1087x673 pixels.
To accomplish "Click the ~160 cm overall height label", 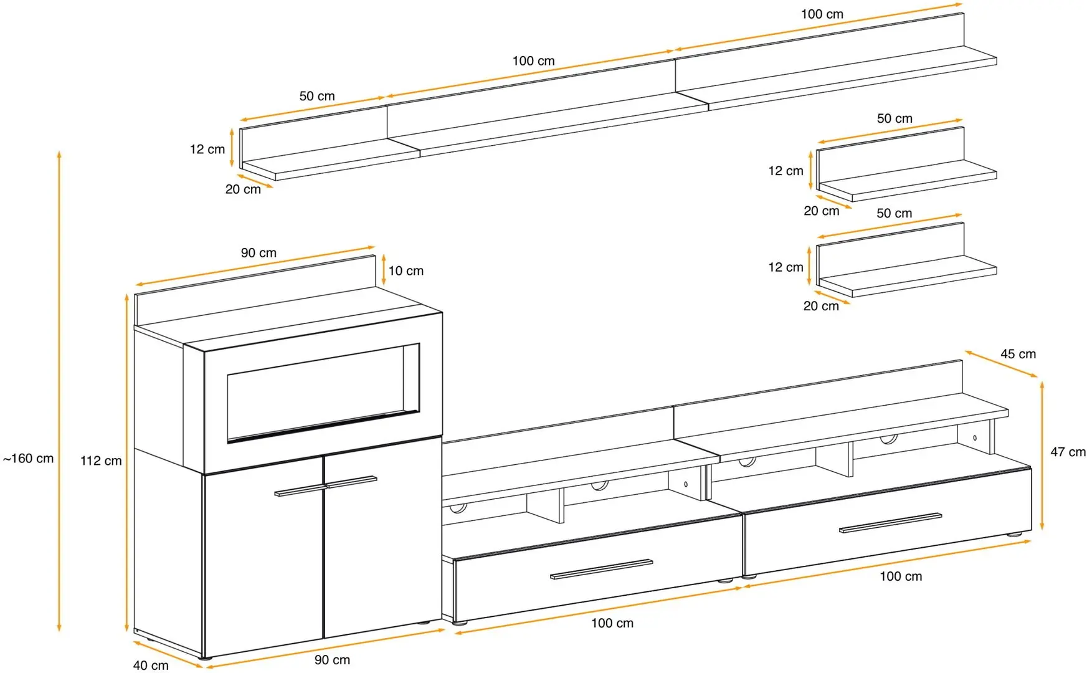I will (29, 459).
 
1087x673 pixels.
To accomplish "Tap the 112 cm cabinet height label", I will (101, 461).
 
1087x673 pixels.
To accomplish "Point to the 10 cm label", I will (406, 271).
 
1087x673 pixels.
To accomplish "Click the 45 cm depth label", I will (1018, 354).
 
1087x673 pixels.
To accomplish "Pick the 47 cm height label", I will (1068, 452).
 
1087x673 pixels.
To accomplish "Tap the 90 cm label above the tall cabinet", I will (259, 253).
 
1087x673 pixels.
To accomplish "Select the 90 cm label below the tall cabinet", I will (332, 660).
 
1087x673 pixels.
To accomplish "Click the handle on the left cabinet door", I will (298, 490).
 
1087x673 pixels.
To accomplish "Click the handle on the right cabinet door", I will (351, 481).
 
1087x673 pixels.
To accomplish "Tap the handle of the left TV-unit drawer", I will (601, 568).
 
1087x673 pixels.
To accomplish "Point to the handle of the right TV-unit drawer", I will (890, 523).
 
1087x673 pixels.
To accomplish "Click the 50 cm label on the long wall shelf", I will (317, 97).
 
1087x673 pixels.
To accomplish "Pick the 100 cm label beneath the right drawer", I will (900, 576).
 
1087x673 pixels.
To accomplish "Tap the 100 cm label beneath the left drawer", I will (612, 623).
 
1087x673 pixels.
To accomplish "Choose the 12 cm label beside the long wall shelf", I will (207, 150).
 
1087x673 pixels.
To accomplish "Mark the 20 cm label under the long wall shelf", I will (243, 189).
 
